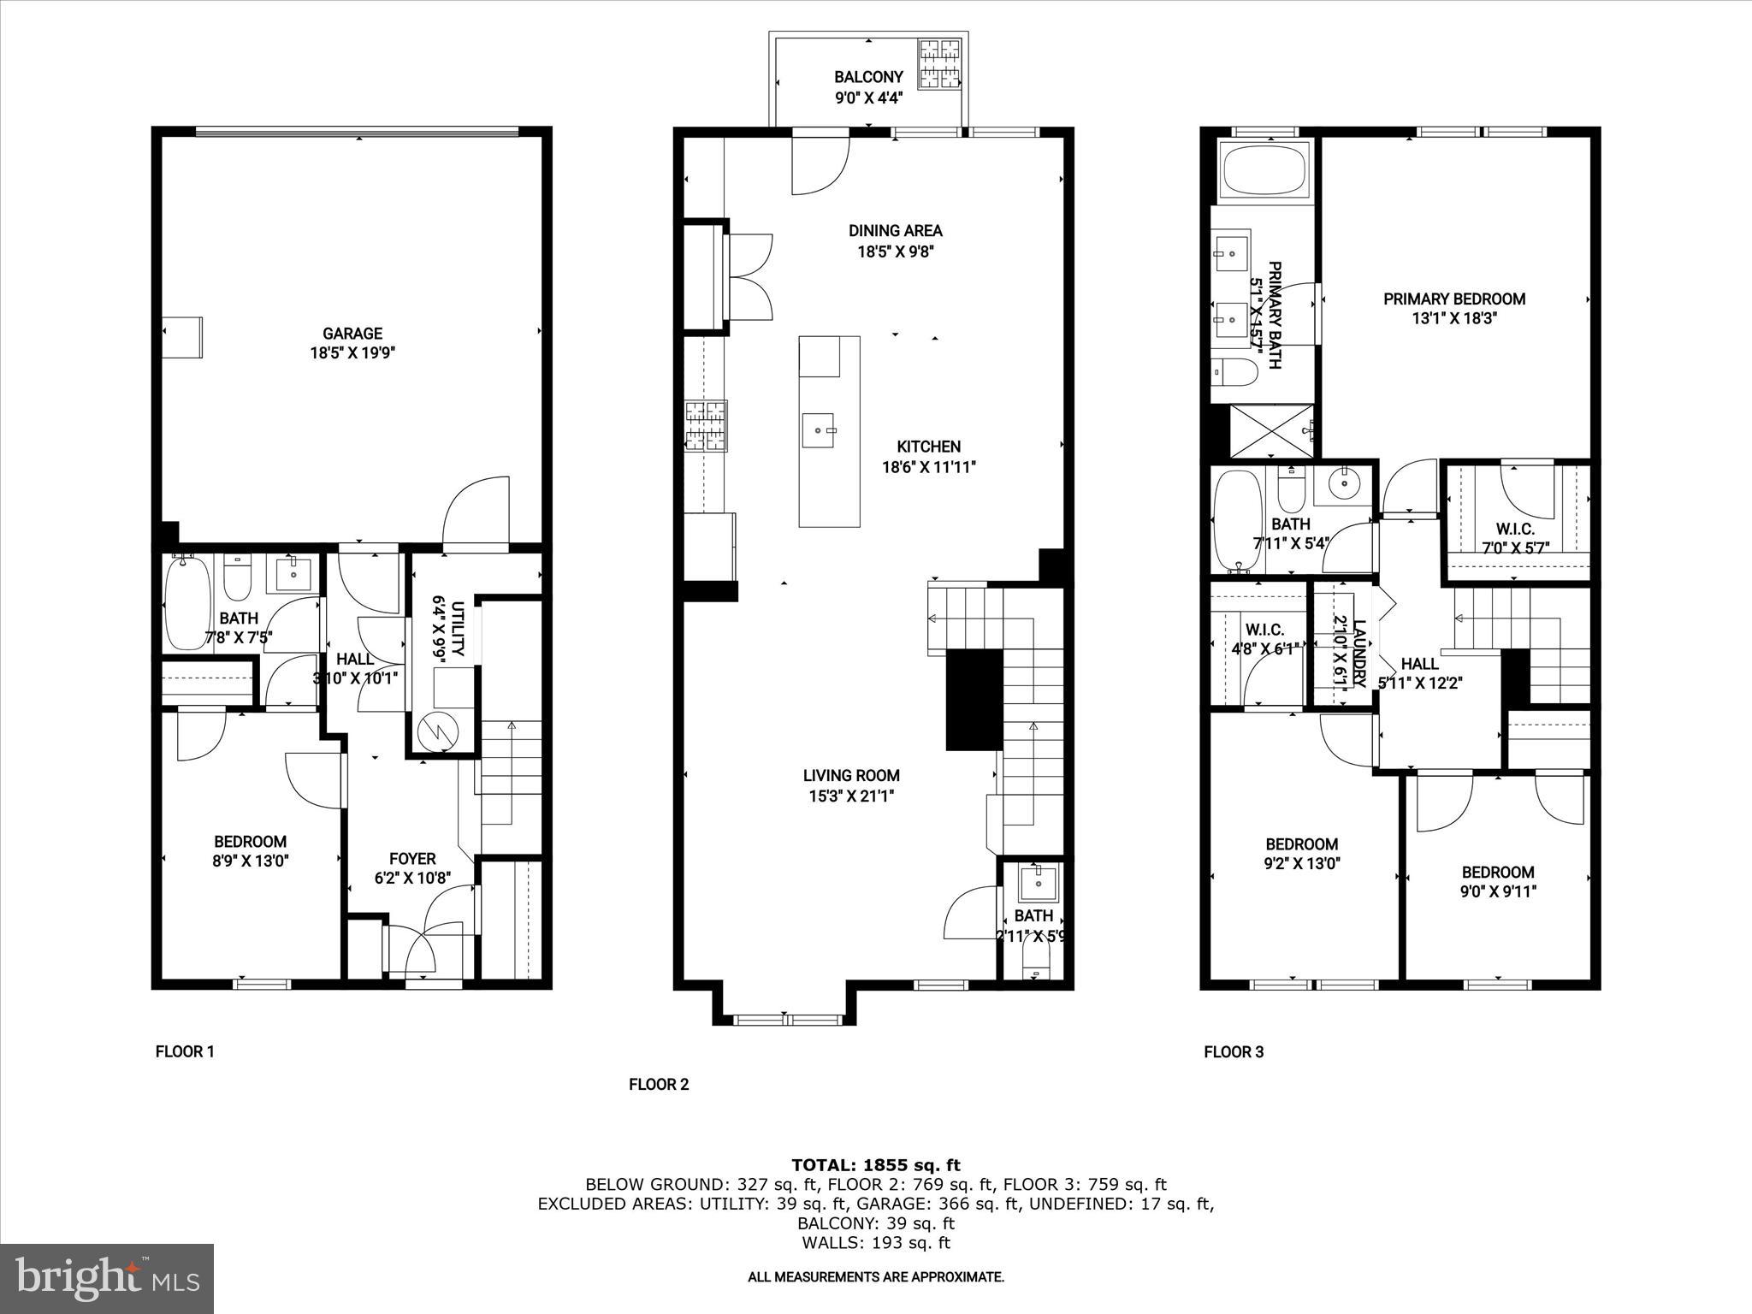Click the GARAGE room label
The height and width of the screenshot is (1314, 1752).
352,334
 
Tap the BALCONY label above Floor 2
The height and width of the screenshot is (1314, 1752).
868,78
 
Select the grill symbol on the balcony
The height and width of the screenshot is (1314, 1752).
939,64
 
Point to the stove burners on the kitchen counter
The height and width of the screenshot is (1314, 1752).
706,425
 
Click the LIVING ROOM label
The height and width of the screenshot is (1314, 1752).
851,776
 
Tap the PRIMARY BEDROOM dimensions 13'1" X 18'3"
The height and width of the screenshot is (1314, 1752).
1454,319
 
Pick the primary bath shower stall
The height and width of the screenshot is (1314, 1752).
1271,432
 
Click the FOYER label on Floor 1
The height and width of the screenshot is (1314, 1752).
412,859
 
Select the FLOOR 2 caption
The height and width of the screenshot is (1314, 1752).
659,1085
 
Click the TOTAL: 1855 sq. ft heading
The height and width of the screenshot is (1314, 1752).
875,1165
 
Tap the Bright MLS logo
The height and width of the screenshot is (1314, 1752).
107,1278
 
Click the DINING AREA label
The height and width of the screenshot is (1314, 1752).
895,231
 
